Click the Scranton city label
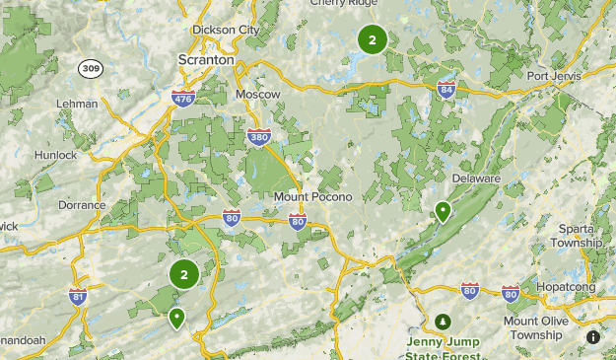206,60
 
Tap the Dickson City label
227,30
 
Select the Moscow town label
258,94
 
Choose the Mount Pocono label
305,196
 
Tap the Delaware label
476,179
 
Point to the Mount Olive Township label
533,327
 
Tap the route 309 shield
91,68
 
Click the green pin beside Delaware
444,210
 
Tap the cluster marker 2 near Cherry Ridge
372,40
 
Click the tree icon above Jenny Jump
444,322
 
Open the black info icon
593,336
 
